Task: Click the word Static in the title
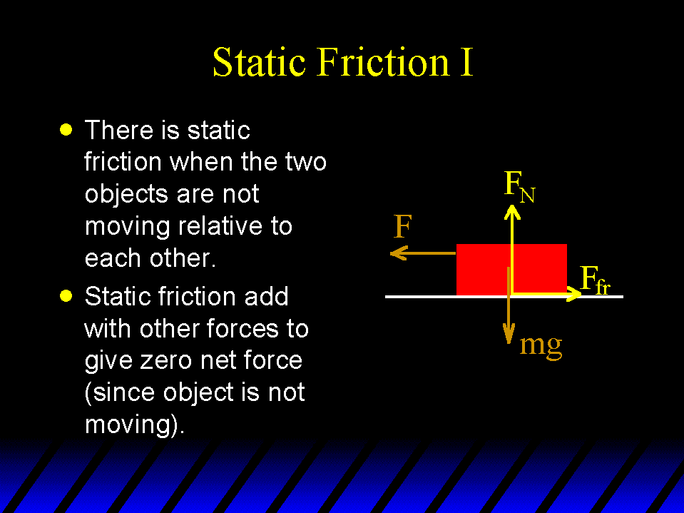click(x=259, y=62)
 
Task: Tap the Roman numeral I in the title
click(x=466, y=62)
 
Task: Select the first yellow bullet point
click(x=66, y=130)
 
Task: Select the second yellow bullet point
click(x=66, y=296)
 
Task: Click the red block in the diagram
click(x=511, y=269)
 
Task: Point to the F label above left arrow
click(x=402, y=226)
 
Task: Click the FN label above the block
click(x=519, y=187)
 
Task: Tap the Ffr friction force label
click(x=595, y=280)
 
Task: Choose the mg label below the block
click(x=541, y=346)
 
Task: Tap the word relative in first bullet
click(x=220, y=226)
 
